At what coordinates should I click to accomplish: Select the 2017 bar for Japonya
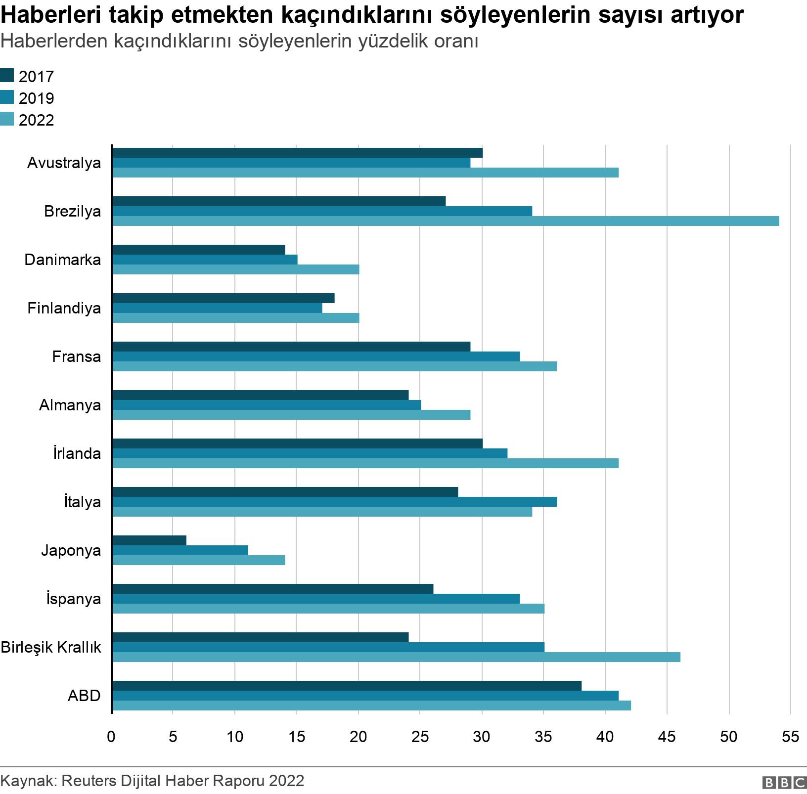point(149,540)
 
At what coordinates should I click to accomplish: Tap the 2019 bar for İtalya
point(334,502)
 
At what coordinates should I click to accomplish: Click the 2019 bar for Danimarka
point(205,260)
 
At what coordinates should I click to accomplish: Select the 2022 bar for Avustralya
point(365,173)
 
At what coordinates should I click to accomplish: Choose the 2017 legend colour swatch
point(7,76)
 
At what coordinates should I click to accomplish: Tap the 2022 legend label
point(36,120)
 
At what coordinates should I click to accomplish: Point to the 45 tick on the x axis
point(667,737)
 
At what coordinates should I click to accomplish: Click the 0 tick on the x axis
point(111,737)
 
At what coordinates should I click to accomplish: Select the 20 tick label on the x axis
point(358,737)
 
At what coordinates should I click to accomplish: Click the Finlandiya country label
point(64,308)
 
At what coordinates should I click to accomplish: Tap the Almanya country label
point(70,405)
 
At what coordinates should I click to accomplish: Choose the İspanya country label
point(73,599)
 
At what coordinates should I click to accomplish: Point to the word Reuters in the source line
point(88,781)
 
